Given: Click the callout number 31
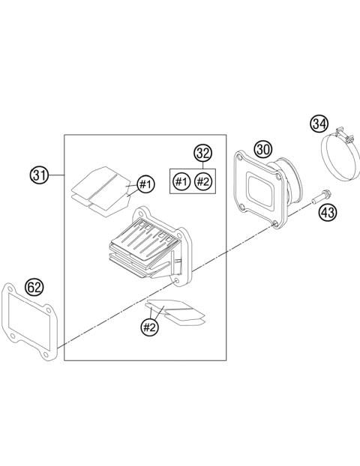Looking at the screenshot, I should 39,176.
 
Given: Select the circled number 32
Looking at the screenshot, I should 201,154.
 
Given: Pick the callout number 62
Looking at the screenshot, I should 34,287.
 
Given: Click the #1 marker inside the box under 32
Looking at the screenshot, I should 181,181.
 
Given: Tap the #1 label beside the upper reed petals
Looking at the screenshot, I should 145,184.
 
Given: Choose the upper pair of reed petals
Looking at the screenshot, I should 102,187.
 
